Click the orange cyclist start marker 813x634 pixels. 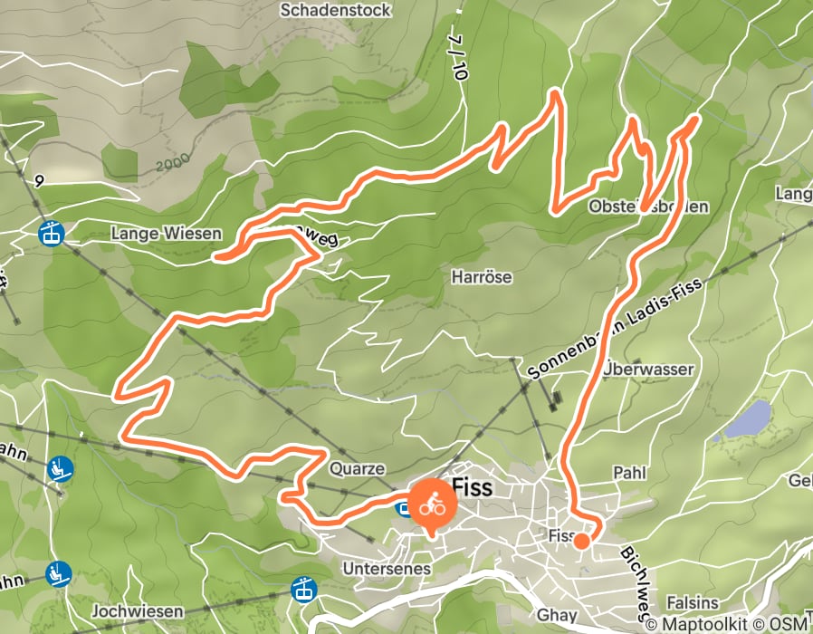coord(431,504)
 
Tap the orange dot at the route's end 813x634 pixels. coord(581,541)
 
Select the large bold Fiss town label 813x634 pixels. coord(472,488)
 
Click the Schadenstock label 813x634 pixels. coord(336,10)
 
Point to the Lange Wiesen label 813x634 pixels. coord(166,234)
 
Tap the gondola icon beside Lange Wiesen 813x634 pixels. coord(51,233)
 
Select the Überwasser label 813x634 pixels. coord(647,370)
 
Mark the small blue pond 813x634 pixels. coord(748,419)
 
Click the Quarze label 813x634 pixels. coord(358,469)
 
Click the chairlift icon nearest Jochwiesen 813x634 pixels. coord(59,574)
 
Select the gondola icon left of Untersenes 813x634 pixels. coord(302,591)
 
